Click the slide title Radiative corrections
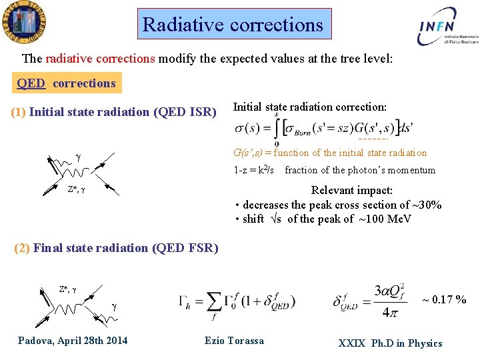coord(233,25)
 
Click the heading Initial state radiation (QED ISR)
coord(113,112)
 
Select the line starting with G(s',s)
coord(330,153)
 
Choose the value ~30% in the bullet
coord(427,205)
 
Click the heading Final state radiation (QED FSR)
coord(117,248)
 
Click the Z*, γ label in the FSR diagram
coord(68,289)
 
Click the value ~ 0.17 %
coord(444,300)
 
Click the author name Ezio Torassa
coord(234,341)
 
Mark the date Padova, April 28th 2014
coord(73,341)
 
